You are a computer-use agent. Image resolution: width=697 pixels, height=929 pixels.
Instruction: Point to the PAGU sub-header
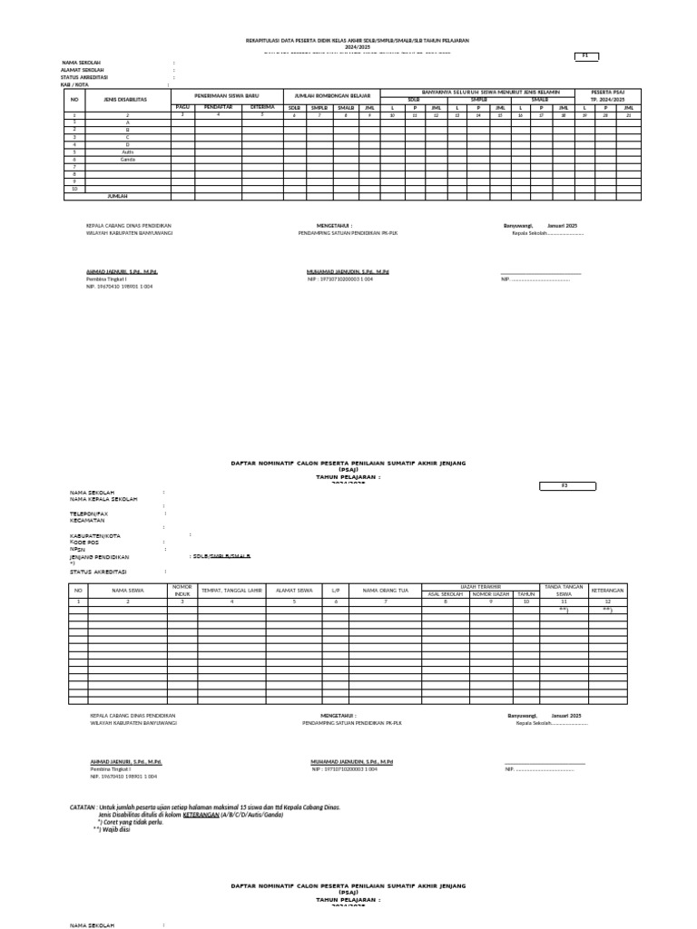[x=183, y=106]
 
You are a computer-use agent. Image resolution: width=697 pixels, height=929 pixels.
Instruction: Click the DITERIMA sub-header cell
[x=262, y=106]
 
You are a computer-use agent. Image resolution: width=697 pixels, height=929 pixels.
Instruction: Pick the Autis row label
[x=128, y=152]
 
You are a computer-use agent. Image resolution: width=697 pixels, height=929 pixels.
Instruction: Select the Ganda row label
[x=128, y=159]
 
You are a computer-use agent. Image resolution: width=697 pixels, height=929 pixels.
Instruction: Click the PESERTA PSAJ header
[x=608, y=94]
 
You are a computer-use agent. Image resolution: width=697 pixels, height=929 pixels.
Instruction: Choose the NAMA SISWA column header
[x=128, y=591]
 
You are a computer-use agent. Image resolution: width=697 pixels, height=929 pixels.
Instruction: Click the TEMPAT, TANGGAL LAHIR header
[x=231, y=591]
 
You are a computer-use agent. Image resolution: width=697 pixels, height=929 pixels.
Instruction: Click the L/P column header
[x=335, y=591]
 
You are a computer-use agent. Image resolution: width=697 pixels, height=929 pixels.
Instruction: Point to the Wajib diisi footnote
[x=116, y=829]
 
